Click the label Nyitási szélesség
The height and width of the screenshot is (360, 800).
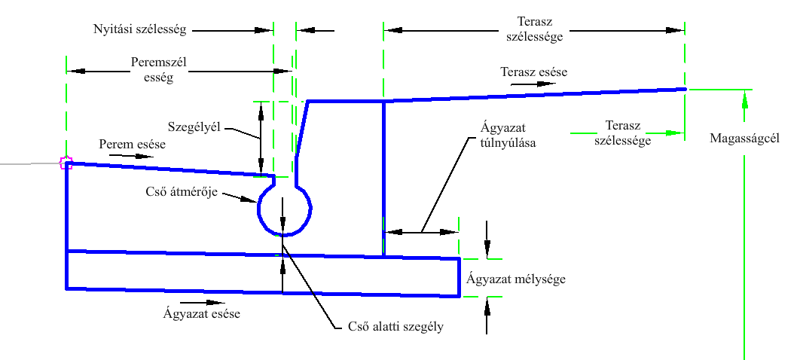pos(140,30)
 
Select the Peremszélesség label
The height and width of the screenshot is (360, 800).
pos(152,70)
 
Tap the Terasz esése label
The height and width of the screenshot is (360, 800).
pos(533,72)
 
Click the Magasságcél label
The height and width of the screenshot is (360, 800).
pos(744,139)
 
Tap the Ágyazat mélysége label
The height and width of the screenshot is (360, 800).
pos(515,279)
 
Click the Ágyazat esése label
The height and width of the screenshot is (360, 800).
pos(201,313)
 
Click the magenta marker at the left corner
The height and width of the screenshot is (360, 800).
pos(66,163)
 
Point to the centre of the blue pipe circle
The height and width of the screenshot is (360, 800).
pos(285,210)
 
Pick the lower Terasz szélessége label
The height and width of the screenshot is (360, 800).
pos(622,133)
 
